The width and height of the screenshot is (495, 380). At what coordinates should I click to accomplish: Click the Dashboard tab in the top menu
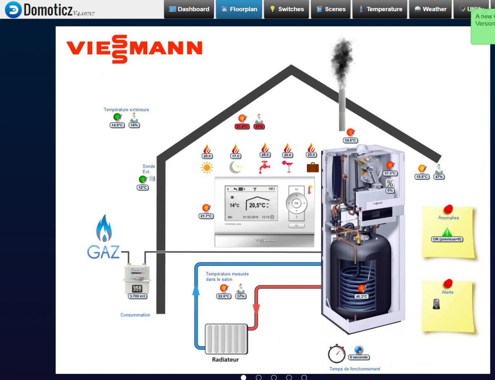(189, 9)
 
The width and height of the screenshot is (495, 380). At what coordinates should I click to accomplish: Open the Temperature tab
(380, 9)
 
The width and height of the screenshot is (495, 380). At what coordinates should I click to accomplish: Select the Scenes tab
(331, 9)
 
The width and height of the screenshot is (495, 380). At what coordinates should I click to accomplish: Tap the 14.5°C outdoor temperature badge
(117, 125)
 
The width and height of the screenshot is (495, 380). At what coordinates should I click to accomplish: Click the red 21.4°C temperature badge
(242, 127)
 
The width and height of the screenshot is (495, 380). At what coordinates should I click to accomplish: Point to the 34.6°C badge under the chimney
(350, 140)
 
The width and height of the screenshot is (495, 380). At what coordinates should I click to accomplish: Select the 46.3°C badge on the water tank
(361, 296)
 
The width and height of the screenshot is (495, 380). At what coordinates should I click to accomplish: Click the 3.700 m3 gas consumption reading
(138, 296)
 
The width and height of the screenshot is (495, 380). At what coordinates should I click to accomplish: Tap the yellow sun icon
(207, 167)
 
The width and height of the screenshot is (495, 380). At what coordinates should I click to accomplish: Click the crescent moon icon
(235, 167)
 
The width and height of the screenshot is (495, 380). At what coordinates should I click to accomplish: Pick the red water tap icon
(264, 167)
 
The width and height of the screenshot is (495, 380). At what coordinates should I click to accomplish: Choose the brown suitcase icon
(313, 167)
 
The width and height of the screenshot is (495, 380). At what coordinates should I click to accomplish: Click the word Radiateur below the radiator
(225, 359)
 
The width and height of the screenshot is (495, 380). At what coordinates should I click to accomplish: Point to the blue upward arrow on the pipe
(196, 291)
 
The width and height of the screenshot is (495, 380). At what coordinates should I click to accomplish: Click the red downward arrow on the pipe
(256, 309)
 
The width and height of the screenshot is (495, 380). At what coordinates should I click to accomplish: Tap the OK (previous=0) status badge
(447, 239)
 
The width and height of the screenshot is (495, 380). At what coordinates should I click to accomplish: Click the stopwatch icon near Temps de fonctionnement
(336, 354)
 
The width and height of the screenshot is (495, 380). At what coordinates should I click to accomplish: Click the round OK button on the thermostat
(296, 203)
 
